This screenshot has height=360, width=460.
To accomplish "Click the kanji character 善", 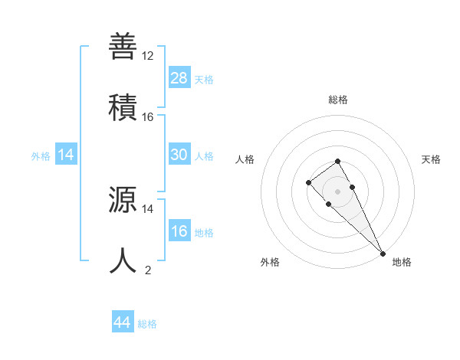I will click(x=123, y=47).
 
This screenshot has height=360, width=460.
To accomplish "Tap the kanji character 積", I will click(x=123, y=105).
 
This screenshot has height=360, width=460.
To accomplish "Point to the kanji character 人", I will click(x=123, y=260).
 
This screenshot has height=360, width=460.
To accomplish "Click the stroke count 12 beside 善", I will click(x=148, y=56).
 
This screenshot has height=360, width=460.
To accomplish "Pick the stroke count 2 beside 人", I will click(x=148, y=270).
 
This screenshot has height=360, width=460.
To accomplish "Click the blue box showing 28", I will click(x=179, y=78).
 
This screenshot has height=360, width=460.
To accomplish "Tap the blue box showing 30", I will click(x=179, y=155).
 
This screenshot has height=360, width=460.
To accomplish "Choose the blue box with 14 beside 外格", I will click(x=66, y=155).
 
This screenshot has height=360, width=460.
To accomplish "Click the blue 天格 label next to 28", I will click(x=204, y=80).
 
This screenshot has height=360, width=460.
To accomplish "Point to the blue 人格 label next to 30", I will click(x=204, y=156).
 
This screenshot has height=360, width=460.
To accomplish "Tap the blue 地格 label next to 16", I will click(x=204, y=233).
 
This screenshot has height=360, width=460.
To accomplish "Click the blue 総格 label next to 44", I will click(x=147, y=324).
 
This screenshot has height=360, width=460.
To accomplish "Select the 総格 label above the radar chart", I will click(x=338, y=100).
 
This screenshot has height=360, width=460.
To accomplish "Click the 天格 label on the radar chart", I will click(x=432, y=159).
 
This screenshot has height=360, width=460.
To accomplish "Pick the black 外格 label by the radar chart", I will click(x=270, y=262).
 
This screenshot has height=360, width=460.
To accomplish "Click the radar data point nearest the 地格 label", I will click(x=382, y=253).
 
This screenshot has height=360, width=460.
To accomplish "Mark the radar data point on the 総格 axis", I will click(x=338, y=161).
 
